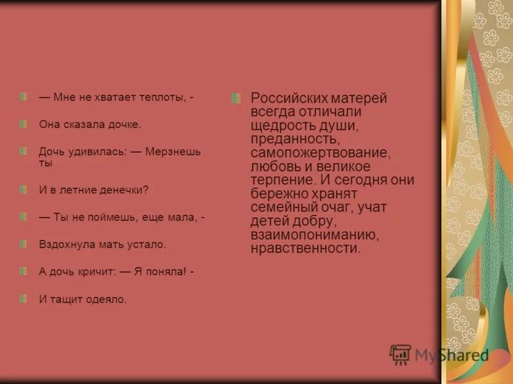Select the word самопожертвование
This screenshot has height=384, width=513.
click(x=320, y=154)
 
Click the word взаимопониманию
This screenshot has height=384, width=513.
click(x=314, y=236)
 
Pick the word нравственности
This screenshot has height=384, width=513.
click(x=306, y=249)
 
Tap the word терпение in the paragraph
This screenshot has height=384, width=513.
click(x=278, y=180)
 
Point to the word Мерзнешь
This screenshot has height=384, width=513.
click(x=173, y=152)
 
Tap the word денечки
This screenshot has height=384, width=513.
click(x=123, y=190)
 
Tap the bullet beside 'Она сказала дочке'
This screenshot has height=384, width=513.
click(x=24, y=124)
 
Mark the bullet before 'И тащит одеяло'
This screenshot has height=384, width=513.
click(x=24, y=298)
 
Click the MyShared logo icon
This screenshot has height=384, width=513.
click(x=400, y=355)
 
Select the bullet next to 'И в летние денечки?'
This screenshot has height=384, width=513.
click(x=24, y=189)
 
